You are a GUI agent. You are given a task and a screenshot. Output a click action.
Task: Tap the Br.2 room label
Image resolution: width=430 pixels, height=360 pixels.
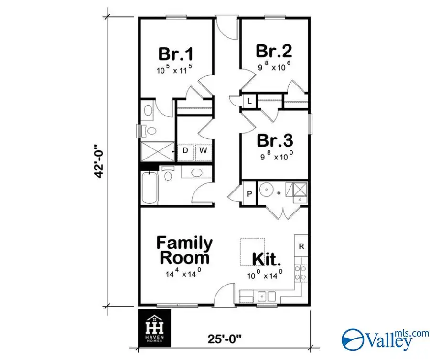[x=274, y=51]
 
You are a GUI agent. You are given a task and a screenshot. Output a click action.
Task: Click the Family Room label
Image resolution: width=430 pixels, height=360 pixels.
[x=184, y=250]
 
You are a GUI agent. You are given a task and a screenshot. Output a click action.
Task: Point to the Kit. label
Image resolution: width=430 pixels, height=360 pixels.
[x=266, y=259]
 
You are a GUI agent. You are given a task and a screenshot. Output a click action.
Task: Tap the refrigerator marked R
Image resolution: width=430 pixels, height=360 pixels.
[x=301, y=246]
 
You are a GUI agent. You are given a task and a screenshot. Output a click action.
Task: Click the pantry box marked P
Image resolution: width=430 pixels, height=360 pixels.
[x=249, y=194]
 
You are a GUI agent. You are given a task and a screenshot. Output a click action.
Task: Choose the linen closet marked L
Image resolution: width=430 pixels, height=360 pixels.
[x=249, y=101]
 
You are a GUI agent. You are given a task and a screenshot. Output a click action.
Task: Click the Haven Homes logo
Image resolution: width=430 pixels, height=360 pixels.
[x=154, y=328]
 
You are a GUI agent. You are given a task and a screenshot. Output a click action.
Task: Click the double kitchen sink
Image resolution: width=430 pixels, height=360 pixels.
[x=266, y=296]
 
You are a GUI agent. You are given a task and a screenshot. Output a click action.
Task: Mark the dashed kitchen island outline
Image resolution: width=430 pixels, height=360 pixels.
[x=252, y=251]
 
